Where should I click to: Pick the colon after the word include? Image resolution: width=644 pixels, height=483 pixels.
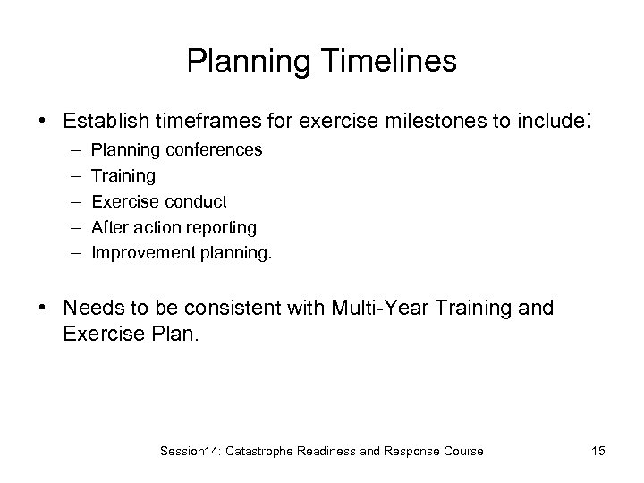[x=589, y=119]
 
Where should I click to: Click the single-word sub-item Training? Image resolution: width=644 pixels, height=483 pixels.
[x=123, y=176]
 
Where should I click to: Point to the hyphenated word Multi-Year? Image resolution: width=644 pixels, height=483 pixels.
[x=369, y=309]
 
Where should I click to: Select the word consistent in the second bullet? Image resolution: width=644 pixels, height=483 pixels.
[x=252, y=309]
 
